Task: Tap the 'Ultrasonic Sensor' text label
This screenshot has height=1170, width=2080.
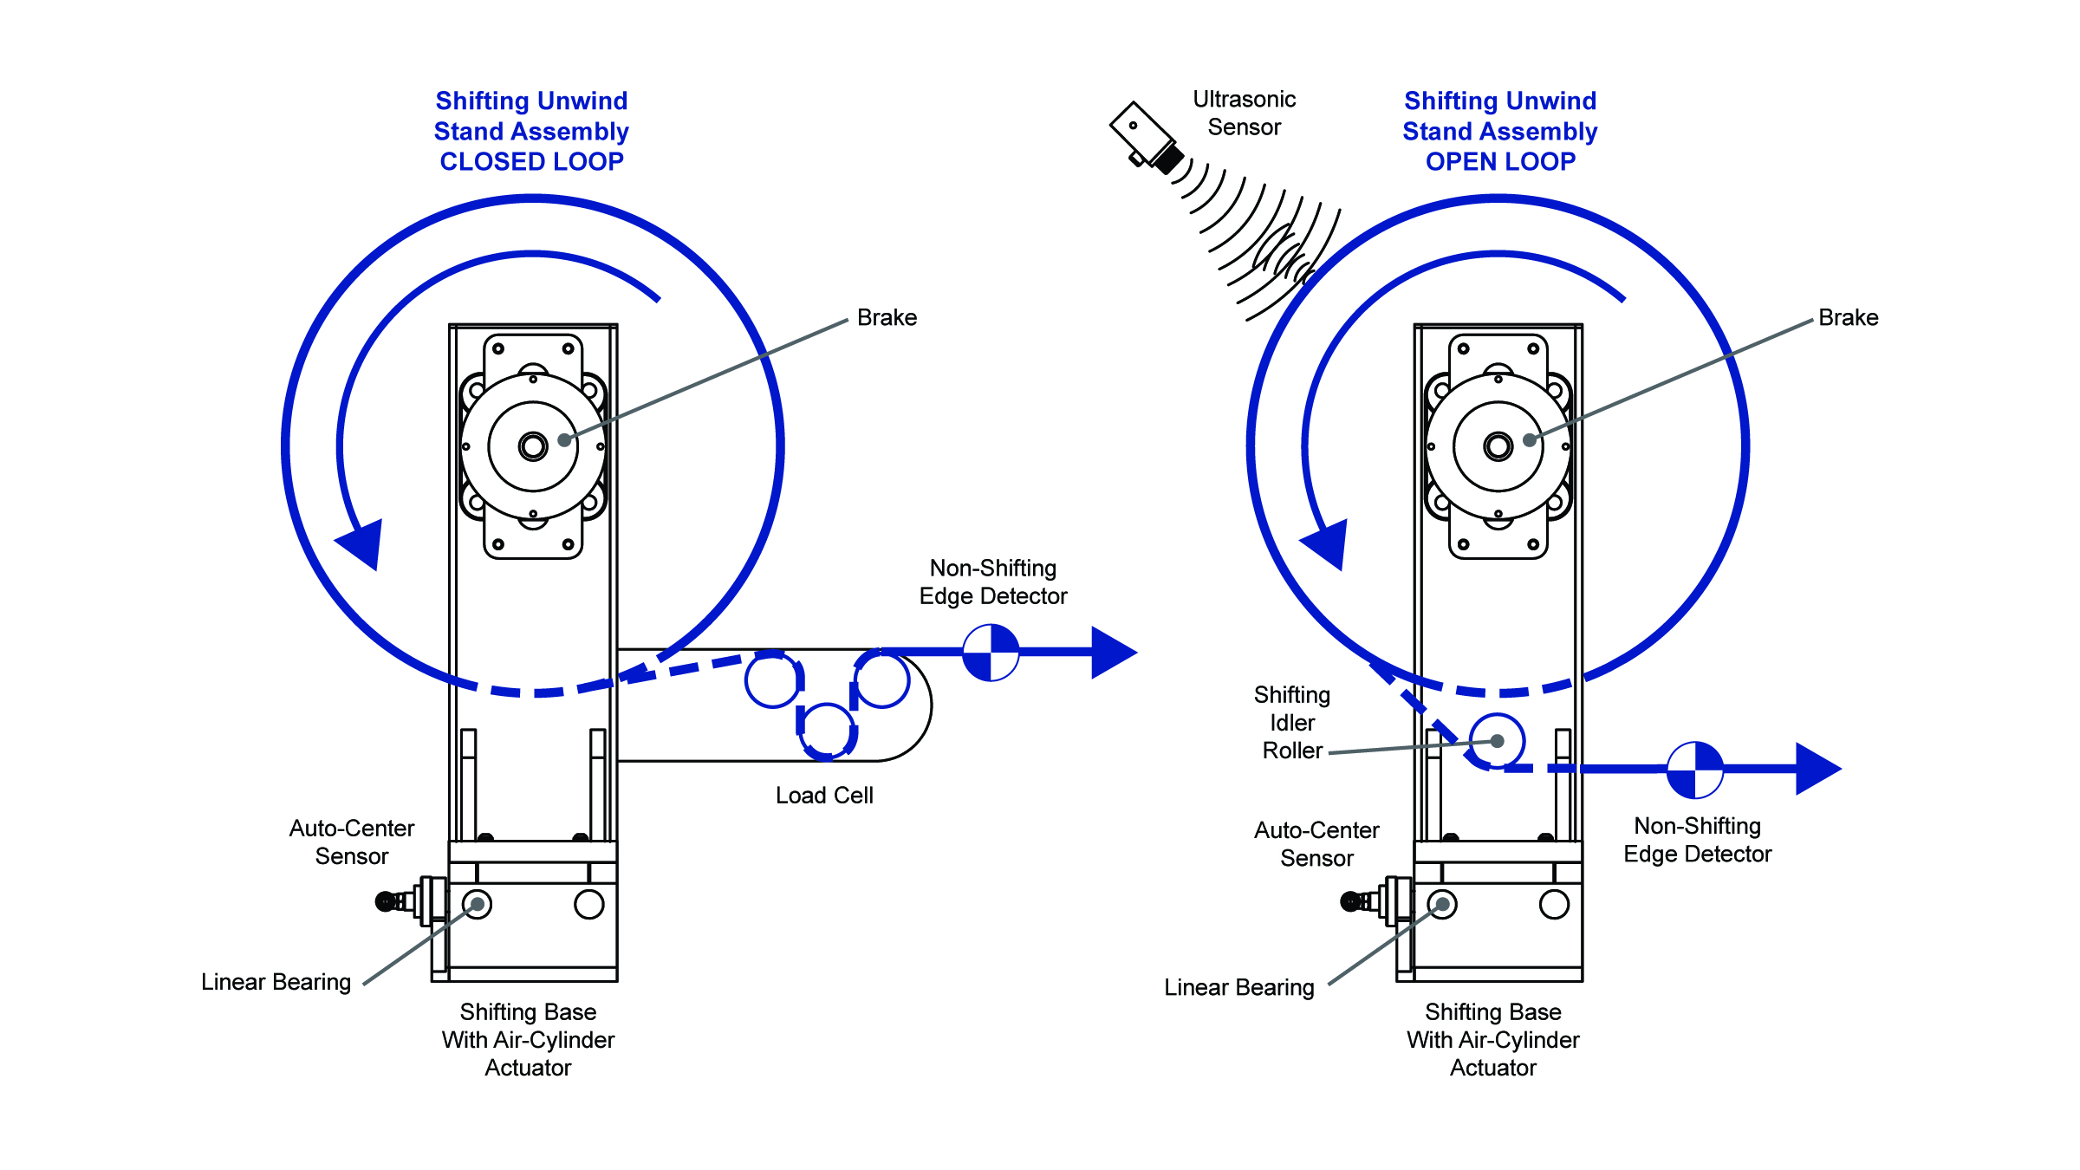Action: tap(1244, 114)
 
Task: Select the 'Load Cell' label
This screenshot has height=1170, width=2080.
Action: tap(824, 796)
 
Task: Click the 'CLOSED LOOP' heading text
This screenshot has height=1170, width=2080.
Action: tap(531, 162)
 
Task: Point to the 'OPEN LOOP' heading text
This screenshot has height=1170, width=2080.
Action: tap(1500, 162)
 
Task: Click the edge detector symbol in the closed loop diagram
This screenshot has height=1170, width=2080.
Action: tap(991, 653)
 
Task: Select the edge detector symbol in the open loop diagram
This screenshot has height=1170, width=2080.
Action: tap(1695, 770)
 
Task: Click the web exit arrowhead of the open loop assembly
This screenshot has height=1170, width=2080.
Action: tap(1818, 769)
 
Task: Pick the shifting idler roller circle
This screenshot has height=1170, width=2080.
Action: tap(1497, 741)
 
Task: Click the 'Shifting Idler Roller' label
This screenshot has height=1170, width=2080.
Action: tap(1292, 723)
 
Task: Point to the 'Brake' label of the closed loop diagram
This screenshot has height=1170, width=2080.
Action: tap(887, 318)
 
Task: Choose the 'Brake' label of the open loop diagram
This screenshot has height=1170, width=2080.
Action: tap(1849, 318)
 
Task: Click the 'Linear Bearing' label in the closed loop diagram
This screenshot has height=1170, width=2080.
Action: tap(276, 982)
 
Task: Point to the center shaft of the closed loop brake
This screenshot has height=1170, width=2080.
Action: tap(533, 446)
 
